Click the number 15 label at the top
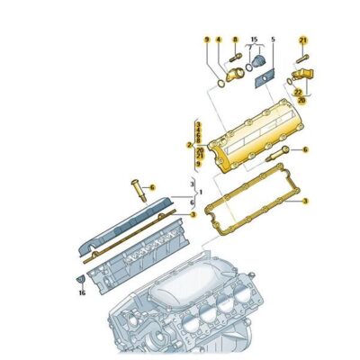(x=254, y=39)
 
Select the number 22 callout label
(x=298, y=92)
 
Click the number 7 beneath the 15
(x=253, y=52)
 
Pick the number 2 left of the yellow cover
(x=189, y=144)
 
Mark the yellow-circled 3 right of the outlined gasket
(x=304, y=202)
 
